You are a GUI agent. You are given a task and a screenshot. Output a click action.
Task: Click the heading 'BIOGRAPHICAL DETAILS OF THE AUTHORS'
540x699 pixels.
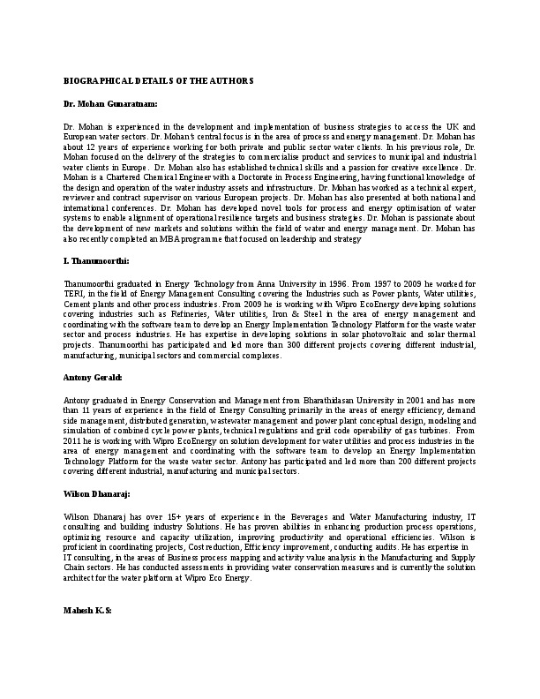point(159,80)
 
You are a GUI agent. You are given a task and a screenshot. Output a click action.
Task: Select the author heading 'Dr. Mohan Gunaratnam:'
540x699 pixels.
point(110,103)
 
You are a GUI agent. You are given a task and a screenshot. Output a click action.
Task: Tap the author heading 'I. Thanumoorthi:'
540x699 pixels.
point(97,262)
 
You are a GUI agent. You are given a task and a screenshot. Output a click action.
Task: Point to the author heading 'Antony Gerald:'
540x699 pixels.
point(94,377)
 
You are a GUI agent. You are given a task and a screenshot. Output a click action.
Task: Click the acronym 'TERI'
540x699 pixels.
point(75,297)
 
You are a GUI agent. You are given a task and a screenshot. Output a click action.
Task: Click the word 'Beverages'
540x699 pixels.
point(306,515)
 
